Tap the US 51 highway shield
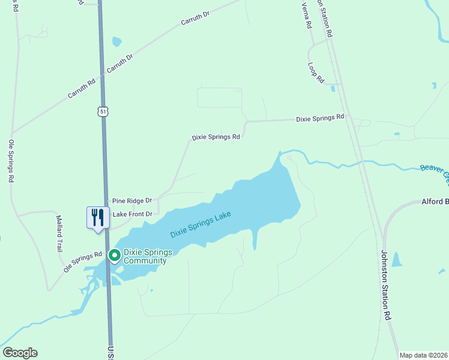click(104, 112)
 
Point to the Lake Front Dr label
click(132, 214)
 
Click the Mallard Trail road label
click(59, 233)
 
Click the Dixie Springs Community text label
click(145, 256)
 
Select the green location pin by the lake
click(114, 256)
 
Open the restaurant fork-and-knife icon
click(97, 217)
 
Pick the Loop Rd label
click(316, 73)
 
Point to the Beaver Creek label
click(435, 173)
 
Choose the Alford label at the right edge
click(435, 202)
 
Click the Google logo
click(20, 353)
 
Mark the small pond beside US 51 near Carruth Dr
click(116, 42)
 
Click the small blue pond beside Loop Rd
click(333, 89)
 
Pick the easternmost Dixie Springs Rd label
click(320, 119)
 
